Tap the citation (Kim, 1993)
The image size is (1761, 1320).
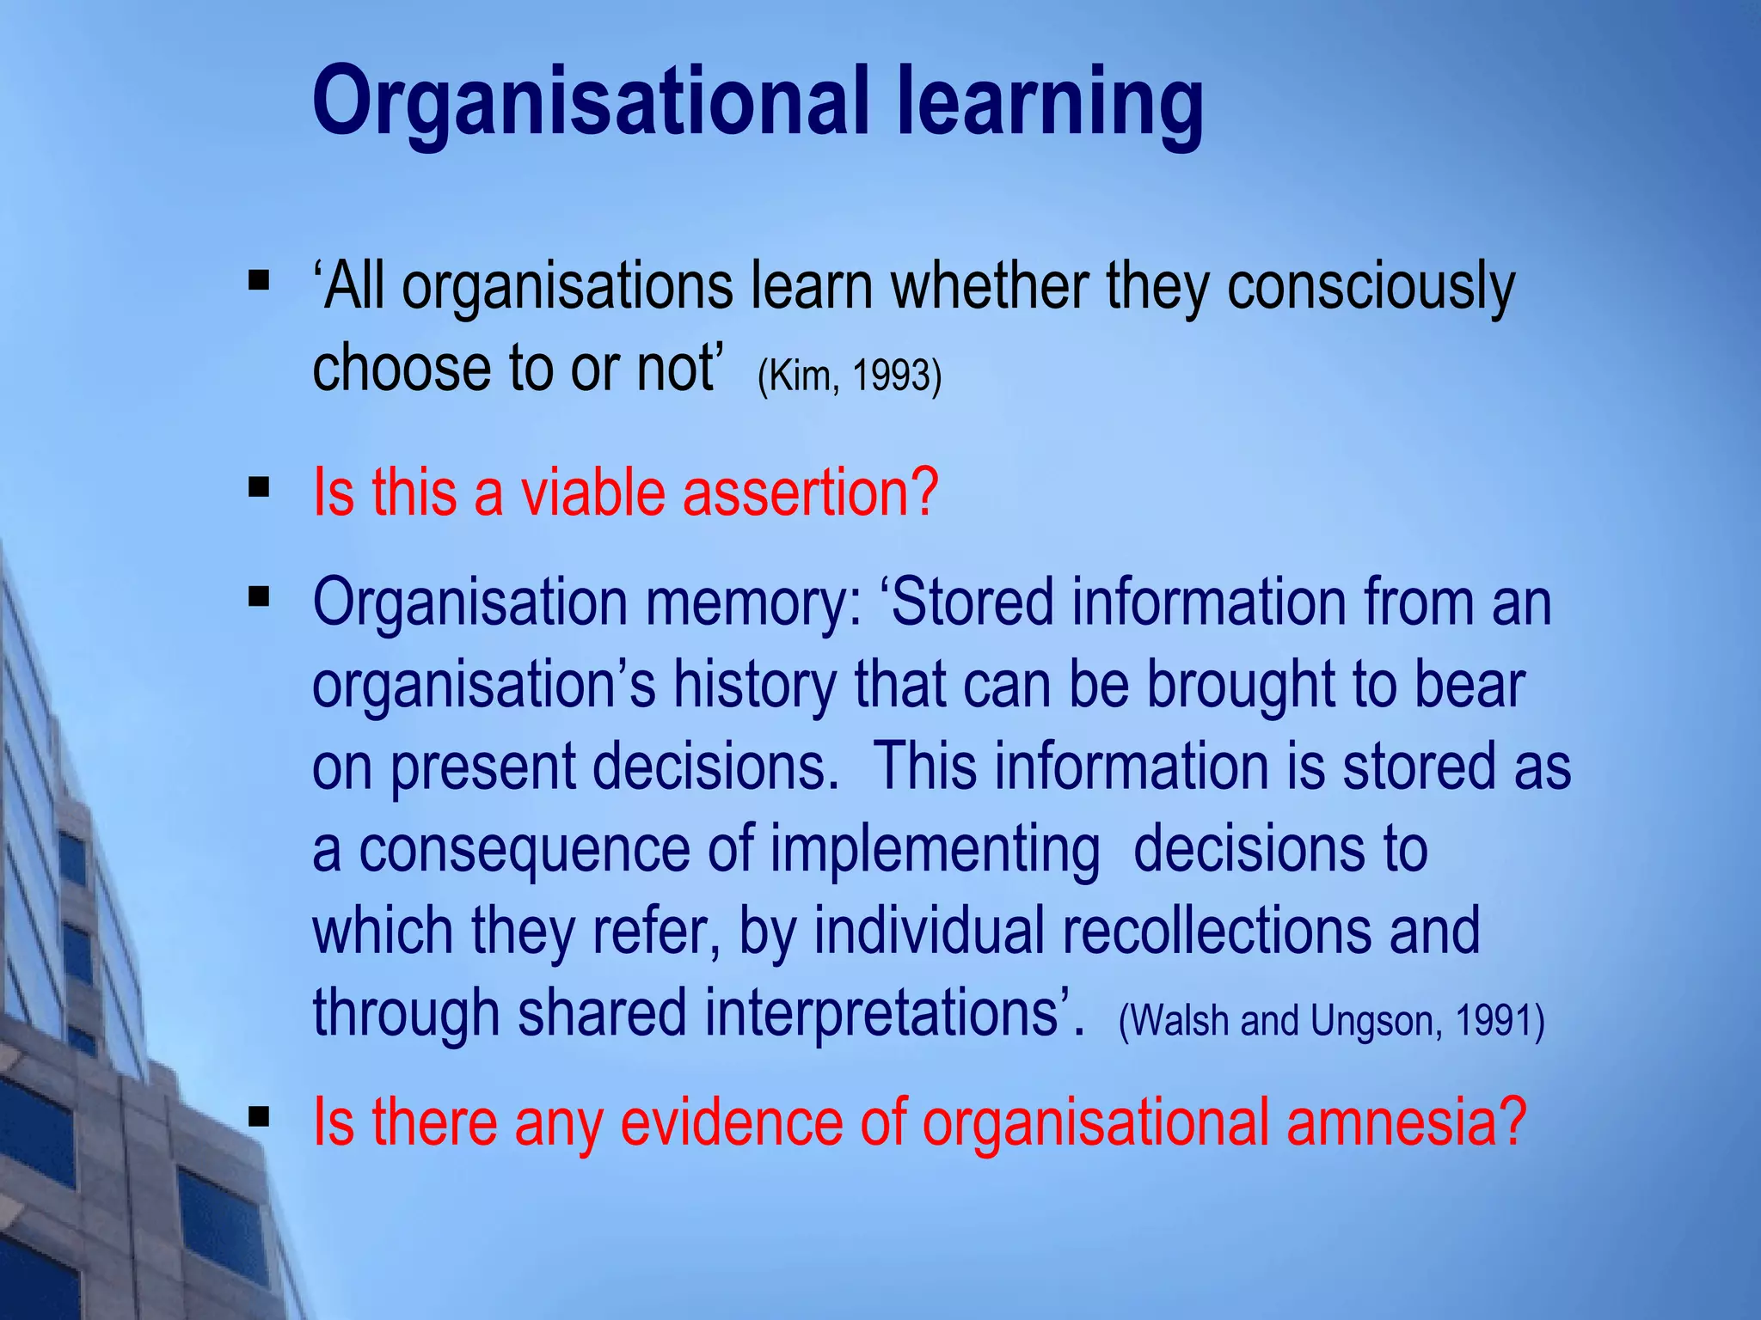(850, 376)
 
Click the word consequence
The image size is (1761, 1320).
(525, 849)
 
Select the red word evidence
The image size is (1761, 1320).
(731, 1121)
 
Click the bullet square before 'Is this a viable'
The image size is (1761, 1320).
(259, 488)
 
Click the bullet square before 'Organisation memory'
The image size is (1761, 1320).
(259, 596)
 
